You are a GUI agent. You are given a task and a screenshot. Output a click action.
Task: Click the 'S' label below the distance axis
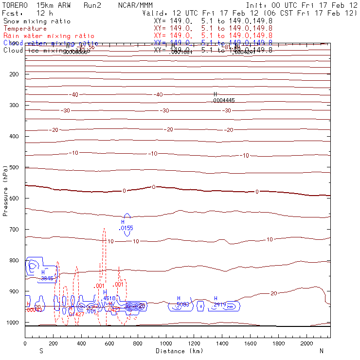(41, 351)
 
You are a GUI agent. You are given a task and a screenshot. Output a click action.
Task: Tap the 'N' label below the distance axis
(321, 351)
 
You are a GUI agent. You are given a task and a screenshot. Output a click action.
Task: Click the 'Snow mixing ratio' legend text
(37, 21)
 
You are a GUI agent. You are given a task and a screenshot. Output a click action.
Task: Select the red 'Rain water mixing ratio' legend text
(49, 36)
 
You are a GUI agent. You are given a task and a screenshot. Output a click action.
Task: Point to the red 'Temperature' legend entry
(25, 29)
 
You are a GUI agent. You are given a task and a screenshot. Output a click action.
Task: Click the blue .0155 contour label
(126, 227)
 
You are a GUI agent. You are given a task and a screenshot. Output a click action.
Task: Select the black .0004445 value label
(224, 100)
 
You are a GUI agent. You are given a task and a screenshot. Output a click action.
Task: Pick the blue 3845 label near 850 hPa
(47, 278)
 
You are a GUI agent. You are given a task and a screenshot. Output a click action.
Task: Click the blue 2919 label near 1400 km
(220, 305)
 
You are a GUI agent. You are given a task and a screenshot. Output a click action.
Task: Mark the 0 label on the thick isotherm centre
(154, 187)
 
